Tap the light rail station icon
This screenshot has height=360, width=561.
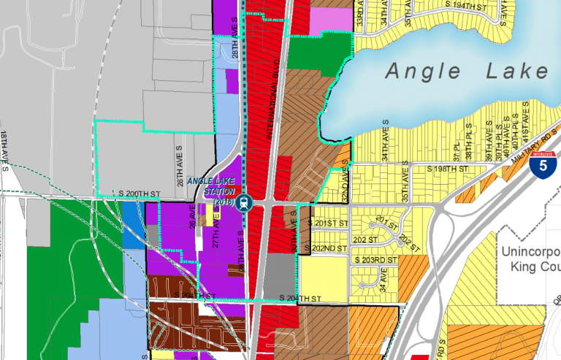248,202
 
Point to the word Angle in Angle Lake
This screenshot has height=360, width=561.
423,72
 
